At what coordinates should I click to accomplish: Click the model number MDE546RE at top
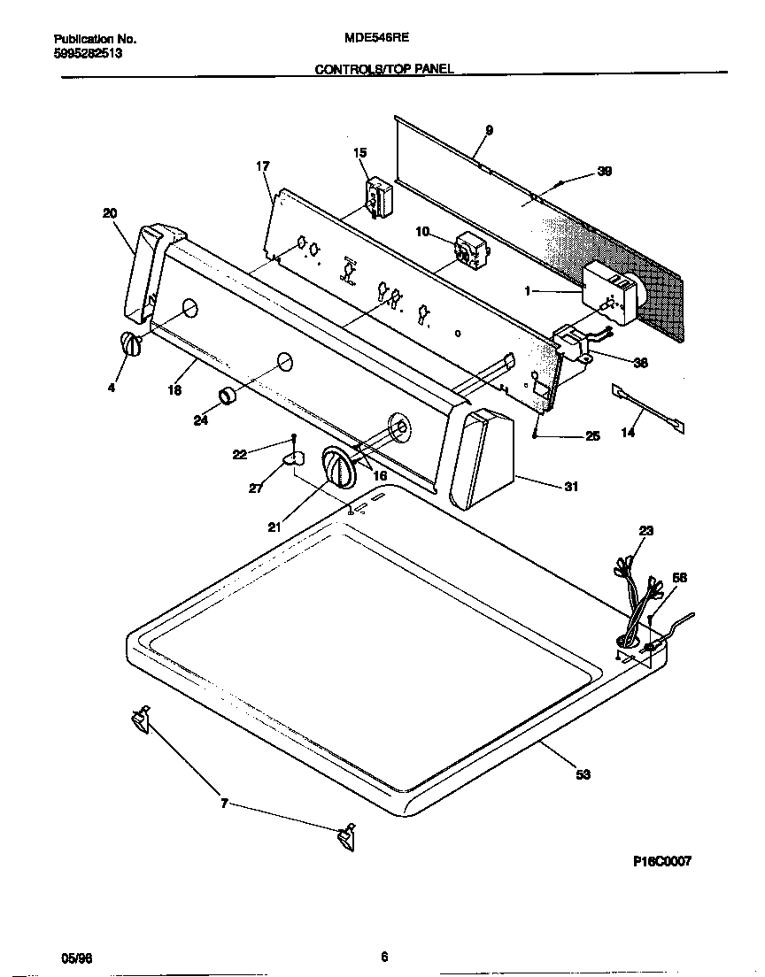tap(369, 39)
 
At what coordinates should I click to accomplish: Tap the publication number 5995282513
tap(88, 53)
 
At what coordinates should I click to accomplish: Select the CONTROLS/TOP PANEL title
tap(384, 68)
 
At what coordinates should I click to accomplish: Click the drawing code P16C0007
tap(661, 860)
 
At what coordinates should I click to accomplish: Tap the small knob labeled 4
tap(130, 345)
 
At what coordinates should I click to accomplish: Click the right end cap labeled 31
tap(483, 458)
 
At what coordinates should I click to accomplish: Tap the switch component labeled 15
tap(379, 196)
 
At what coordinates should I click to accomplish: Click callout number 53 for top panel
tap(583, 774)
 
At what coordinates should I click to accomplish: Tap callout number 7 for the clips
tap(224, 804)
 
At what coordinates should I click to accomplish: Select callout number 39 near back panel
tap(604, 172)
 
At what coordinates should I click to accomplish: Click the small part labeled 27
tap(291, 458)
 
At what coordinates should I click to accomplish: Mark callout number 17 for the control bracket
tap(262, 165)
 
